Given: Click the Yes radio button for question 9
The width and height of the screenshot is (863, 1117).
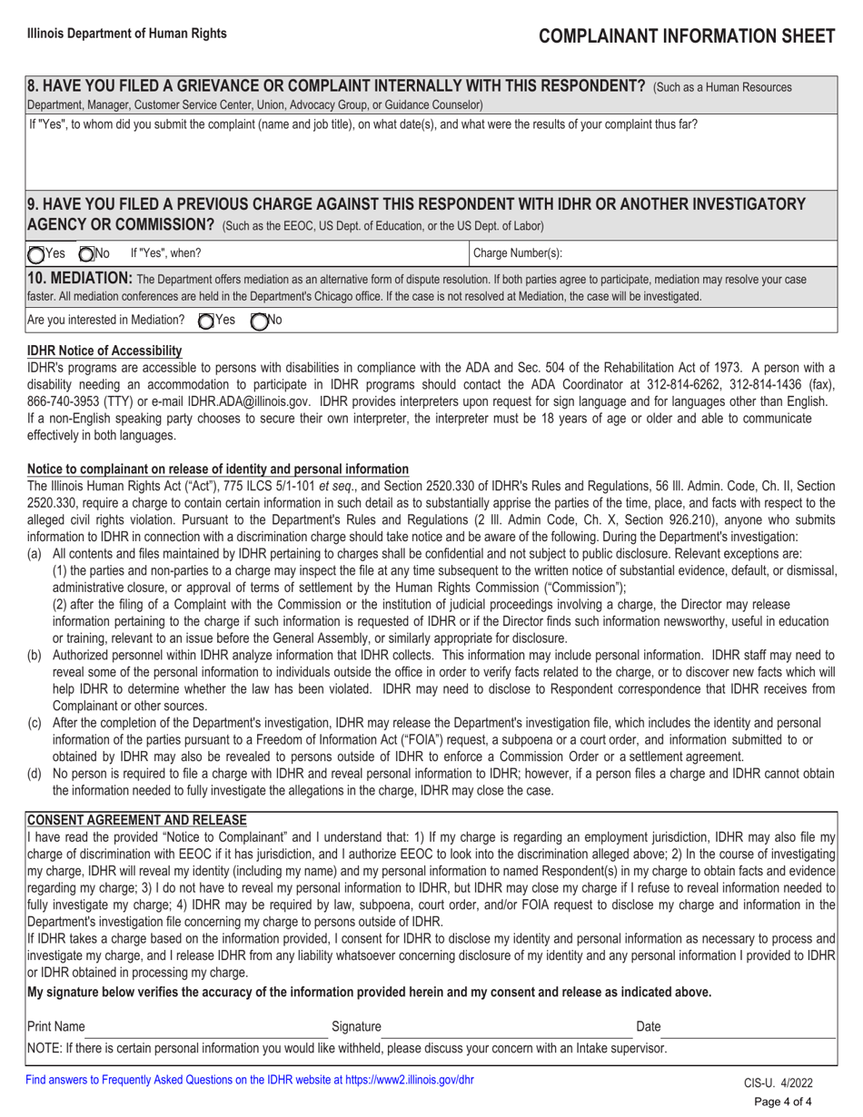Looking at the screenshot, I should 36,255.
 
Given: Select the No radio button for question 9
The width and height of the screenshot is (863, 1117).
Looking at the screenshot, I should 87,255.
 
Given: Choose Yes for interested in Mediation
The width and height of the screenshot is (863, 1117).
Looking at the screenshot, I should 206,320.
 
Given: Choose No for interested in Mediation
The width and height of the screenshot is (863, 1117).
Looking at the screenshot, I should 259,320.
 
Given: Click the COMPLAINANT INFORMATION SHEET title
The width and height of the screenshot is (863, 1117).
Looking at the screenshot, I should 686,35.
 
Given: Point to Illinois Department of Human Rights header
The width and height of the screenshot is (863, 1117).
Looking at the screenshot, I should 127,33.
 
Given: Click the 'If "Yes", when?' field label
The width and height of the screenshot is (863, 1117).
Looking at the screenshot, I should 166,254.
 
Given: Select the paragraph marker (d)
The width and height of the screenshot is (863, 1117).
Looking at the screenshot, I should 35,774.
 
